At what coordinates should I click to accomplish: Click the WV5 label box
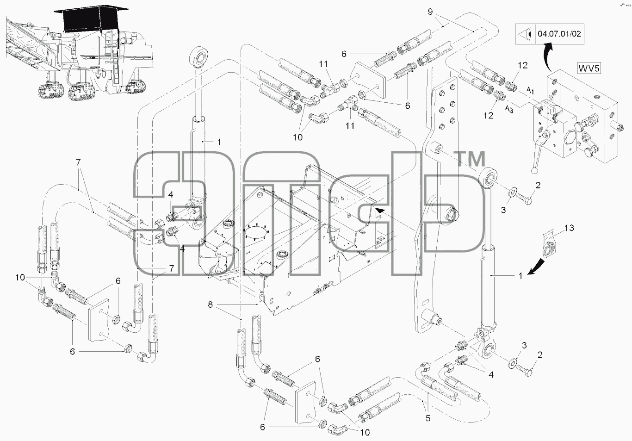[589, 68]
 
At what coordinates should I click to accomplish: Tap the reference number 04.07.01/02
[559, 34]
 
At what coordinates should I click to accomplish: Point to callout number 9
[430, 12]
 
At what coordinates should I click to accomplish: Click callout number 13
[569, 228]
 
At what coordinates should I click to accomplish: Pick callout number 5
[428, 418]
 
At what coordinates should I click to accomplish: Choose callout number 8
[210, 304]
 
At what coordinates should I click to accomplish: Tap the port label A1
[530, 91]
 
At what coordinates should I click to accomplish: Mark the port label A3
[509, 109]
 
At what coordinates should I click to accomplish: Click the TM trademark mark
[470, 159]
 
